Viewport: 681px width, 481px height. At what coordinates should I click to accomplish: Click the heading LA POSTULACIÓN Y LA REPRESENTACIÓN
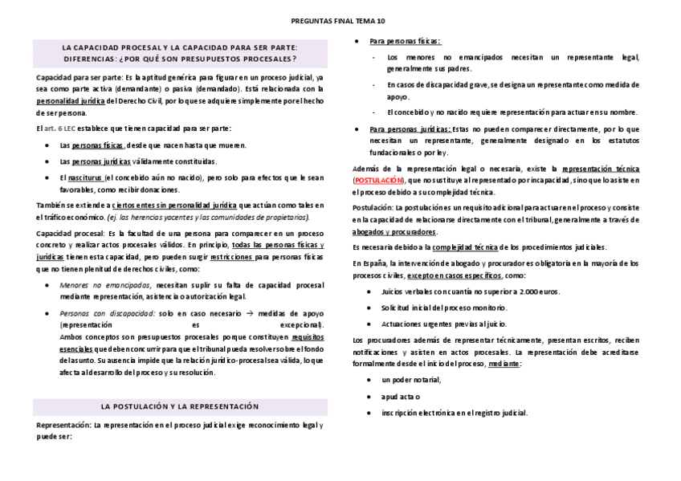point(180,406)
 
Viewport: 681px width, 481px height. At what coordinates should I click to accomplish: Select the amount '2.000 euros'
point(540,291)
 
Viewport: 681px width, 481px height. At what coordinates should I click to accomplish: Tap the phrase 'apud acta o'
point(401,397)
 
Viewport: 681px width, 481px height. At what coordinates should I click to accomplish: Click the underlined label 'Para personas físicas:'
point(404,41)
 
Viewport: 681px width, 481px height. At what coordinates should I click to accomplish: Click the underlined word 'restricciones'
point(231,257)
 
